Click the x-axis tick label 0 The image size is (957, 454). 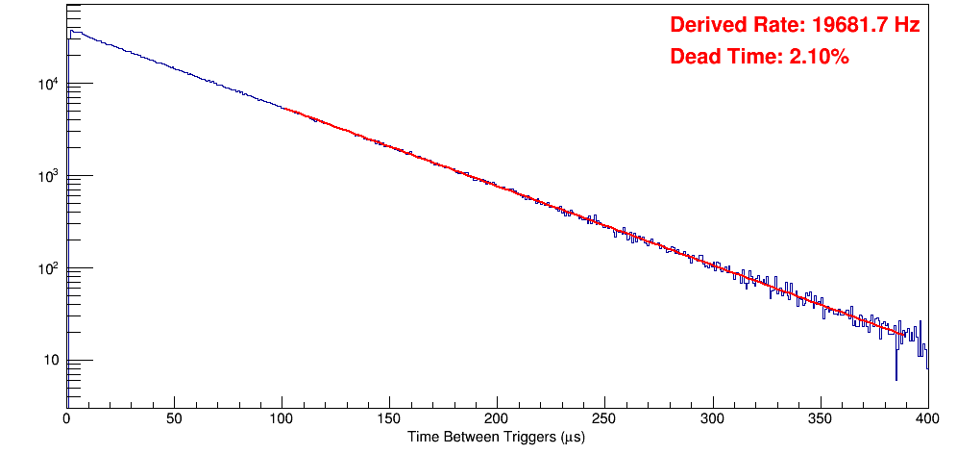(66, 417)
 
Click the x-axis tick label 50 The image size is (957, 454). (174, 417)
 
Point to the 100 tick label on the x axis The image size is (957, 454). (282, 417)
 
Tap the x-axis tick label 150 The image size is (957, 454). (389, 417)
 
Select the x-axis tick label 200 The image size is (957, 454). (497, 417)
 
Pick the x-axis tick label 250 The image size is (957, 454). (604, 417)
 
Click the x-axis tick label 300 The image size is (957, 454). (712, 417)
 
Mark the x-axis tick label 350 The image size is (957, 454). (820, 417)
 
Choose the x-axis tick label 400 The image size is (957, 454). (927, 417)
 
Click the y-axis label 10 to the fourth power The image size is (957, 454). (47, 84)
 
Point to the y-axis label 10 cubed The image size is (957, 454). (47, 176)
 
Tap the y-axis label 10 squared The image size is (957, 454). (47, 268)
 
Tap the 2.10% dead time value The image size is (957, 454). (819, 57)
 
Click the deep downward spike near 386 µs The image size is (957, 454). (896, 375)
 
